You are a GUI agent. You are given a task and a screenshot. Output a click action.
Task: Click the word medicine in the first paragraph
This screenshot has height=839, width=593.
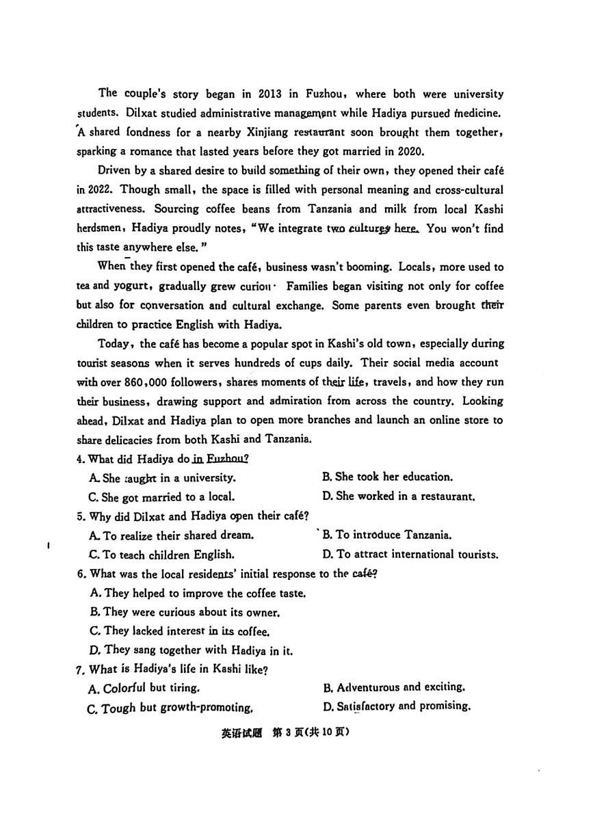tap(479, 114)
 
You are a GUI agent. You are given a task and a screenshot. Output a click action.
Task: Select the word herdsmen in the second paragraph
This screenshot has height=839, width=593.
tap(101, 228)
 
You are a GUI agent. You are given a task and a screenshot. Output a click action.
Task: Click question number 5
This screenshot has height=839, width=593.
tap(80, 516)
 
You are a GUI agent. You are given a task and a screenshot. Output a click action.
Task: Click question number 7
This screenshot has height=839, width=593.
tap(80, 669)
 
